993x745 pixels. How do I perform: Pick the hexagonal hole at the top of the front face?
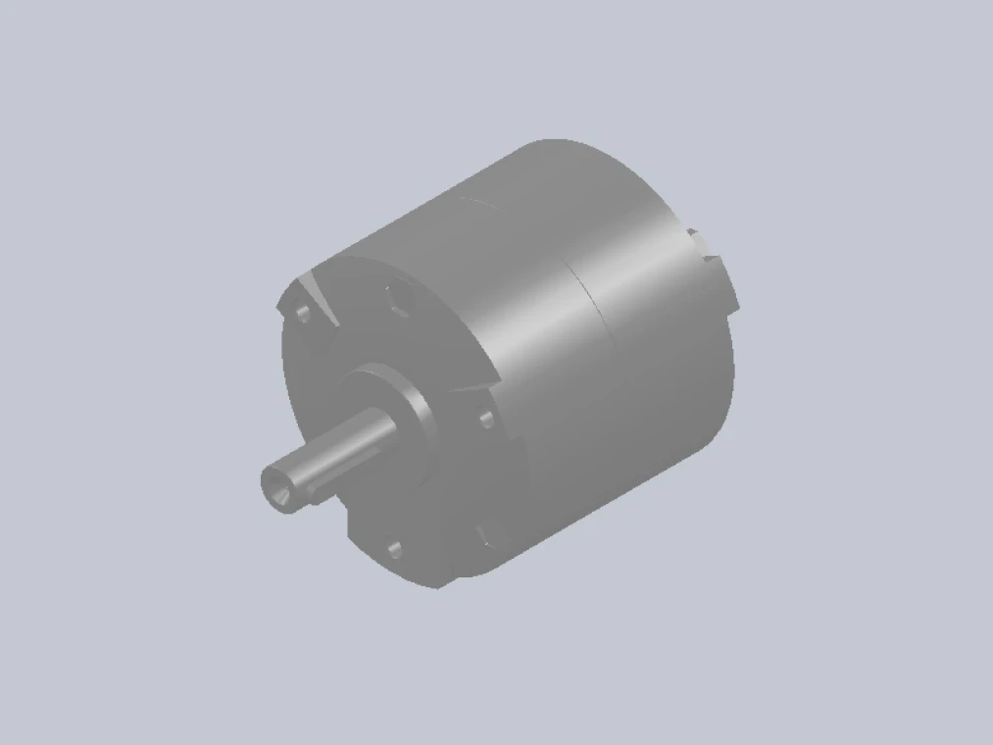coord(399,295)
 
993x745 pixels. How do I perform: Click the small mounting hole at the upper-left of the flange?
coord(303,313)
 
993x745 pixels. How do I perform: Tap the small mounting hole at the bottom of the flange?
coord(395,549)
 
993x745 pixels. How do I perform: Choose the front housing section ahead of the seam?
coord(520,294)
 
